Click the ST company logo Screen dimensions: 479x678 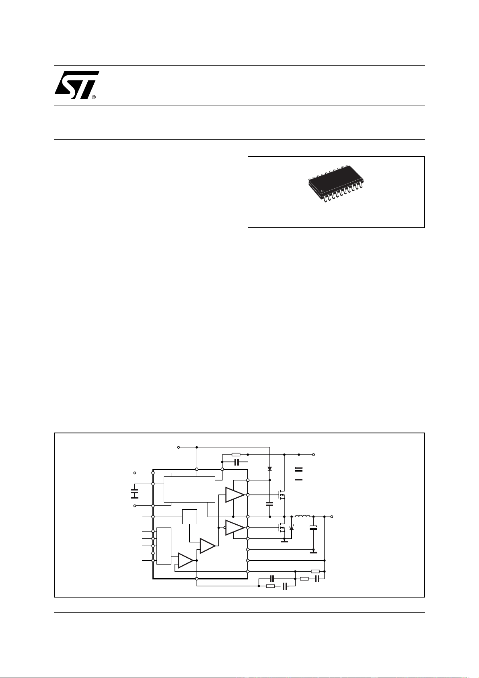77,85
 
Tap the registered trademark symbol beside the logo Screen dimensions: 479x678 94,97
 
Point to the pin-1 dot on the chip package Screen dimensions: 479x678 323,191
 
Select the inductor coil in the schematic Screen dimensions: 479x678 302,516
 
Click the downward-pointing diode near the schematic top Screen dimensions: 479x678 269,469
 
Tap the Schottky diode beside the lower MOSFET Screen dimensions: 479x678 292,528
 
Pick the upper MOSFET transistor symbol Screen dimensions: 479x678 282,495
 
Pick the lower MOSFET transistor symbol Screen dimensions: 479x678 282,528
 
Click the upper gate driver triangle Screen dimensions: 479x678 234,495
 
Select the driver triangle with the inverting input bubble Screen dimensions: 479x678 234,528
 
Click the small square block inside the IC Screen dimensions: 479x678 189,516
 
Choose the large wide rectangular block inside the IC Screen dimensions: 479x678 189,489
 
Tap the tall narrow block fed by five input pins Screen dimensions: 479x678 164,546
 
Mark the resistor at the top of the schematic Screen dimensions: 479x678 236,454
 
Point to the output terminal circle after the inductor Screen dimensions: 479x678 332,516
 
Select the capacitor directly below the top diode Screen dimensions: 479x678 269,504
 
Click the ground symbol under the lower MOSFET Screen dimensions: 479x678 284,541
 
